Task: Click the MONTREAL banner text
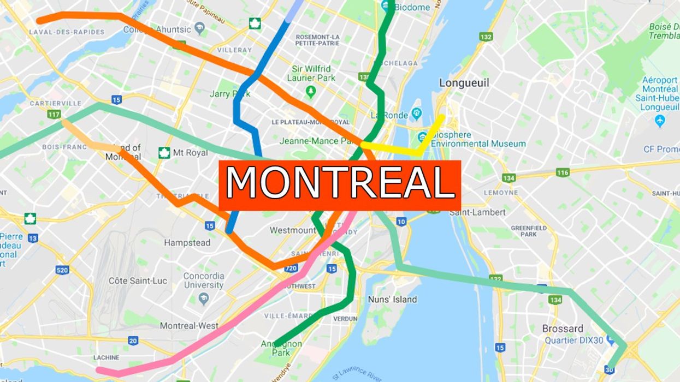[340, 183]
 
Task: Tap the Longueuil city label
[464, 83]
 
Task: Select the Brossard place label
[562, 329]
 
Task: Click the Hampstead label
[187, 242]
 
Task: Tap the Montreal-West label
[189, 326]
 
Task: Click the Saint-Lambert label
[477, 212]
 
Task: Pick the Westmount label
[292, 230]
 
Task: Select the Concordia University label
[203, 280]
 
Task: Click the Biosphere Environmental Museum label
[478, 140]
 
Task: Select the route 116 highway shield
[563, 172]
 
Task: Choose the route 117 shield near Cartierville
[54, 114]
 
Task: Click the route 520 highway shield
[62, 270]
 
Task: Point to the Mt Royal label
[190, 153]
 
